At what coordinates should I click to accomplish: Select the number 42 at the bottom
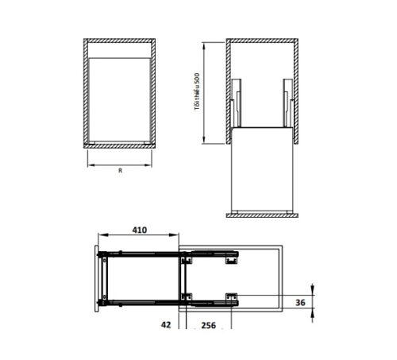pos(166,325)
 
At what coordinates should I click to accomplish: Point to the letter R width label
pos(119,170)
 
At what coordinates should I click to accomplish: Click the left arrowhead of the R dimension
pos(89,165)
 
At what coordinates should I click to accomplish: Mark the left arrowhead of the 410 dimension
pos(99,236)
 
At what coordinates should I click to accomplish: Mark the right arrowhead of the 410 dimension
pos(177,236)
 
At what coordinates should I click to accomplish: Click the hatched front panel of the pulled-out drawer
pos(261,215)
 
